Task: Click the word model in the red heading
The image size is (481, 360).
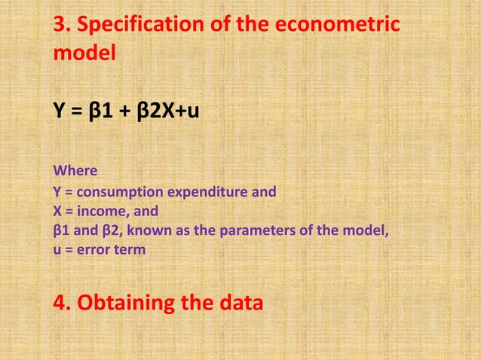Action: coord(84,55)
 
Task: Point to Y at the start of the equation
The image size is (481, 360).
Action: coord(57,113)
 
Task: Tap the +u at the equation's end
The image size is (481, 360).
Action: coord(188,113)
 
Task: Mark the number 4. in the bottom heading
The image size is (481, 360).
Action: coord(63,304)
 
